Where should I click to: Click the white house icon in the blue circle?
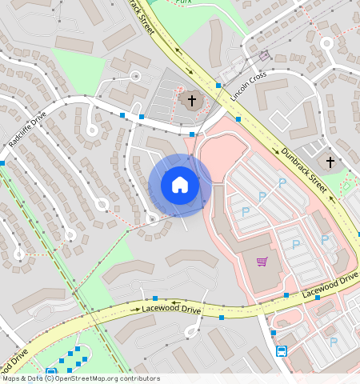coord(180,186)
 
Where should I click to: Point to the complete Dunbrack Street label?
coord(305,167)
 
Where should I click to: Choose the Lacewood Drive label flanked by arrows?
coord(171,308)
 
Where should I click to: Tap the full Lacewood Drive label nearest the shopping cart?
coord(330,286)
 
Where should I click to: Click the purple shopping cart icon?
coord(262,262)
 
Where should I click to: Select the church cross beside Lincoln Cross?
coord(191,100)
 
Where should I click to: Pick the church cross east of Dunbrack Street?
coord(330,162)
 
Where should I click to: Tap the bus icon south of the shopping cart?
coord(282,350)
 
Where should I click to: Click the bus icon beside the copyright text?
coord(51,372)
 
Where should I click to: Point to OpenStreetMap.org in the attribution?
coord(83,378)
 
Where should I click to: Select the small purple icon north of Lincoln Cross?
coord(264,56)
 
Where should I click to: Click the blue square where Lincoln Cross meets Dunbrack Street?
coord(218,85)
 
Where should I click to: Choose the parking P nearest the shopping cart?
coord(295,244)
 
